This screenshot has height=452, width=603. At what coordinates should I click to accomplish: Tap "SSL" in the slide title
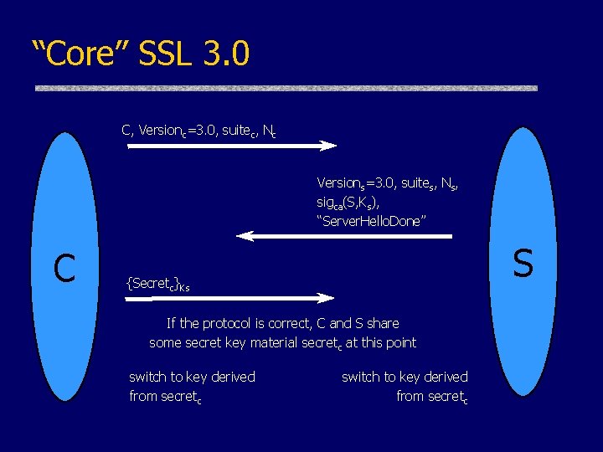pos(162,54)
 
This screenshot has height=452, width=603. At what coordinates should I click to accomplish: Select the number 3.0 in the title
pos(226,54)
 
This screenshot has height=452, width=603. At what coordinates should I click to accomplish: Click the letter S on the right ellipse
pos(523,263)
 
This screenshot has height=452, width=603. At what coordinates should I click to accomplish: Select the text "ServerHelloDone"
pos(372,220)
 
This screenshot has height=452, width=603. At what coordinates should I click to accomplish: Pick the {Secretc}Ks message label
pos(157,284)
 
